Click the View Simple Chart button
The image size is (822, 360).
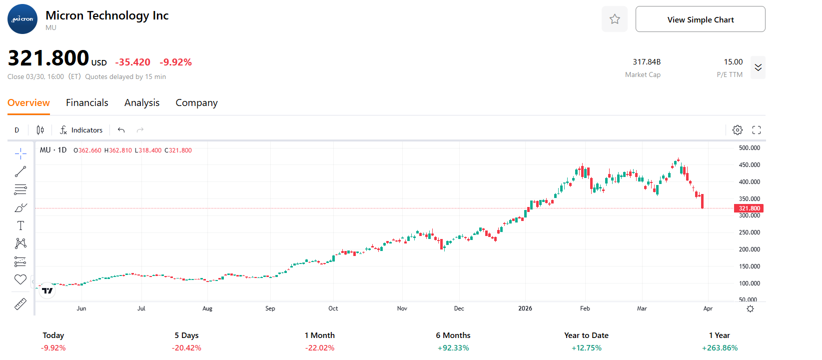click(700, 19)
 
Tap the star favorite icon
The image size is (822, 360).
click(615, 19)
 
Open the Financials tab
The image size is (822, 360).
click(87, 102)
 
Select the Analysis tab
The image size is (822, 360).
click(142, 102)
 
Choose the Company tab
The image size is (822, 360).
click(196, 102)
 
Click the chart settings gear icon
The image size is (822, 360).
click(737, 130)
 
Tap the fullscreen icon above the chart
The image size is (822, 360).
click(757, 130)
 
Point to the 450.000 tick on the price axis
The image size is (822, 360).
click(749, 165)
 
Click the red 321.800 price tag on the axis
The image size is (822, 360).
click(749, 208)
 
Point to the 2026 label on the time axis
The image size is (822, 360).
click(525, 308)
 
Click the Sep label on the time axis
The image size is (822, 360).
click(270, 308)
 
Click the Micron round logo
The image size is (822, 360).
click(22, 19)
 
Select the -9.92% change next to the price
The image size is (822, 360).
click(175, 62)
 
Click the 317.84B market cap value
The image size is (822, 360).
click(647, 62)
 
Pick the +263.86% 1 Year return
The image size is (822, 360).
click(720, 348)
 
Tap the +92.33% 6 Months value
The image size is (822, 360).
click(453, 348)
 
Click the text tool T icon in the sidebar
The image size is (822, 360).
click(20, 225)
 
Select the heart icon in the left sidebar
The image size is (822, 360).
click(20, 279)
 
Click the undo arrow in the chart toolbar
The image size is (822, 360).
click(121, 130)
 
